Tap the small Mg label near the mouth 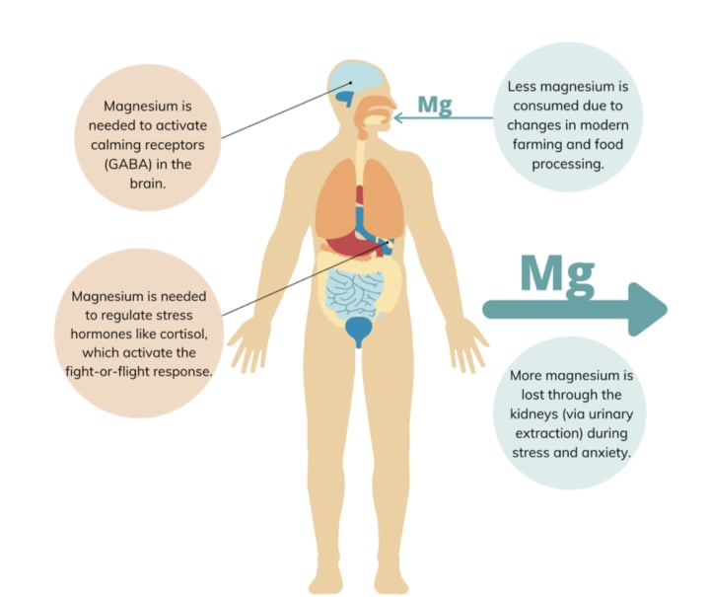click(x=435, y=105)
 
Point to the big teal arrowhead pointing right click(x=647, y=309)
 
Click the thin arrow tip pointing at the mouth click(x=397, y=117)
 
